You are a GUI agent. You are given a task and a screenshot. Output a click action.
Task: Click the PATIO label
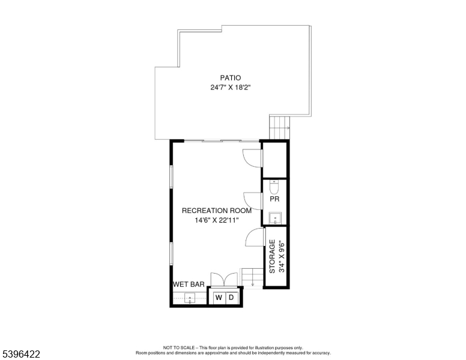[230, 77]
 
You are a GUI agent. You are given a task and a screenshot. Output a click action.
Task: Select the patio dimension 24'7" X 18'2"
[230, 88]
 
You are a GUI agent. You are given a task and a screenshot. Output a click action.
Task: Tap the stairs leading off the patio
[279, 127]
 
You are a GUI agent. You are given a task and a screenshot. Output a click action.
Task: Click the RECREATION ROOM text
[217, 211]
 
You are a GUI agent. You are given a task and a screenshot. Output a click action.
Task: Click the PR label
[274, 199]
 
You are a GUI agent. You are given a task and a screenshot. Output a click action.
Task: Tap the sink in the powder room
[275, 217]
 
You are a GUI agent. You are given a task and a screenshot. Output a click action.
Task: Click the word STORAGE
[272, 257]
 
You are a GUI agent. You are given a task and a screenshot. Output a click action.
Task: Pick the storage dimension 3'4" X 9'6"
[281, 257]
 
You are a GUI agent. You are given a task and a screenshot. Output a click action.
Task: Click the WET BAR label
[189, 284]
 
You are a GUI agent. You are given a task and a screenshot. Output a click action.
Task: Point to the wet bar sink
[190, 298]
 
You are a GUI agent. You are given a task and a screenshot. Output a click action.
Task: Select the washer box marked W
[219, 298]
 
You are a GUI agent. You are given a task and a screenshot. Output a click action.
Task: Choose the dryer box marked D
[232, 298]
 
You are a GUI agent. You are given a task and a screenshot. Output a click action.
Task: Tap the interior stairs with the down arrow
[252, 277]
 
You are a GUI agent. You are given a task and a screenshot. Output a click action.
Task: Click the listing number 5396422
[20, 355]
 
